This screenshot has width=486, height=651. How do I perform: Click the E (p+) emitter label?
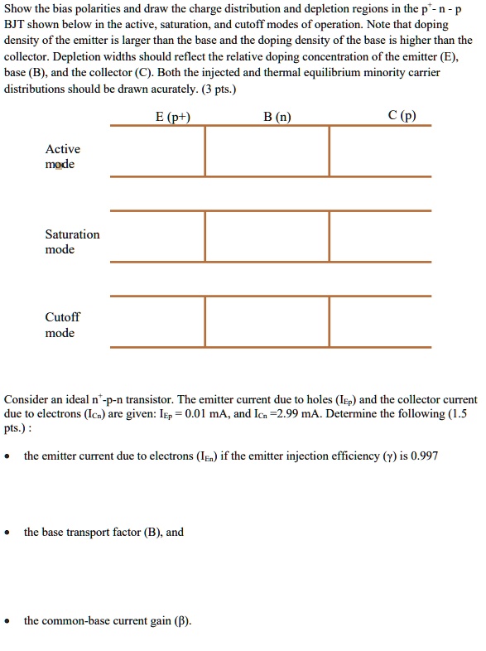(173, 117)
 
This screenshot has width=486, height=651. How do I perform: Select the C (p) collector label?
(402, 116)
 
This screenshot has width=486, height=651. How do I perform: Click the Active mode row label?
(62, 157)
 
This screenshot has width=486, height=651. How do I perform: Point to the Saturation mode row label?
(72, 242)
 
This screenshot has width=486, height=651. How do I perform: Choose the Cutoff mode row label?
(62, 325)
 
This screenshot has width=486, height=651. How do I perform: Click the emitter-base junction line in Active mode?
(205, 151)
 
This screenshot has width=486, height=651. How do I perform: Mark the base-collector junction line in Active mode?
(329, 151)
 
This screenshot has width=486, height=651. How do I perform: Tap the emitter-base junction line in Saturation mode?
(205, 236)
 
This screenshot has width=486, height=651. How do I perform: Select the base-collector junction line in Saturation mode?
(329, 236)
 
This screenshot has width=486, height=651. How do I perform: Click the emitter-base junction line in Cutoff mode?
(205, 321)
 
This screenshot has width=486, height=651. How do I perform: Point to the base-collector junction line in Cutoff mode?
(329, 321)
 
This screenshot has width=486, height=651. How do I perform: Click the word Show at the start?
(19, 9)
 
